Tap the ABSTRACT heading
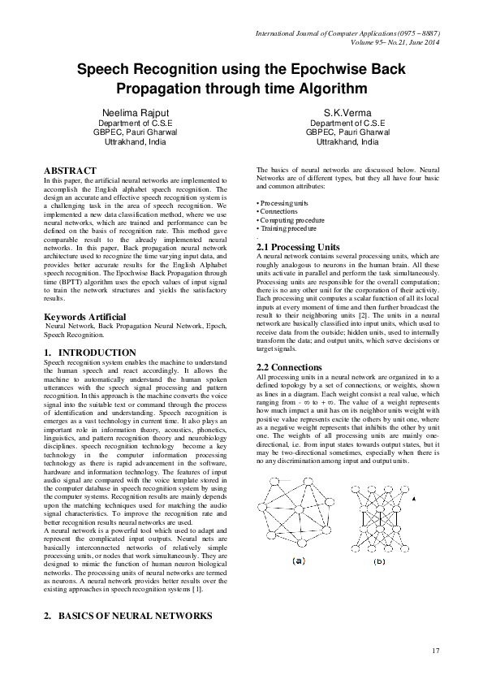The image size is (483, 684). (x=74, y=171)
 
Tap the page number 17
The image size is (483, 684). (x=436, y=651)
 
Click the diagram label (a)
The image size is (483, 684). (x=298, y=560)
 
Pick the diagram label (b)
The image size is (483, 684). (x=379, y=561)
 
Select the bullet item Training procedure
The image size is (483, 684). (x=287, y=228)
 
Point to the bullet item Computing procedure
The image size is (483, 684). (x=289, y=219)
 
